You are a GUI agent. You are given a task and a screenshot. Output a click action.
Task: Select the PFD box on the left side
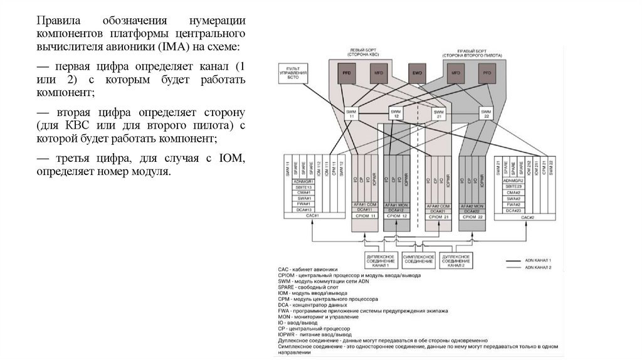(346, 73)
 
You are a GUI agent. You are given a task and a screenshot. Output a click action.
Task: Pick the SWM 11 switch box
(351, 113)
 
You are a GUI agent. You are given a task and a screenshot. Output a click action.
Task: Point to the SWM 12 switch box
(396, 113)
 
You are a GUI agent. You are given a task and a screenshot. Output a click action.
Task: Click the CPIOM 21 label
(438, 216)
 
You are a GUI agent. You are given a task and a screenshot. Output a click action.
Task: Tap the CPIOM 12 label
(397, 216)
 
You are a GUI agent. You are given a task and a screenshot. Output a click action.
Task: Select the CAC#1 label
(312, 216)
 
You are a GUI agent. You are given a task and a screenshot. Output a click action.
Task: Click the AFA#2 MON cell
(472, 205)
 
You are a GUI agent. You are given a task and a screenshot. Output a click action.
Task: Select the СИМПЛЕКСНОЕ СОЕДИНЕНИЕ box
(417, 258)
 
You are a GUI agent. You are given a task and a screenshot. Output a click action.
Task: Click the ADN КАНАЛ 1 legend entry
(533, 260)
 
